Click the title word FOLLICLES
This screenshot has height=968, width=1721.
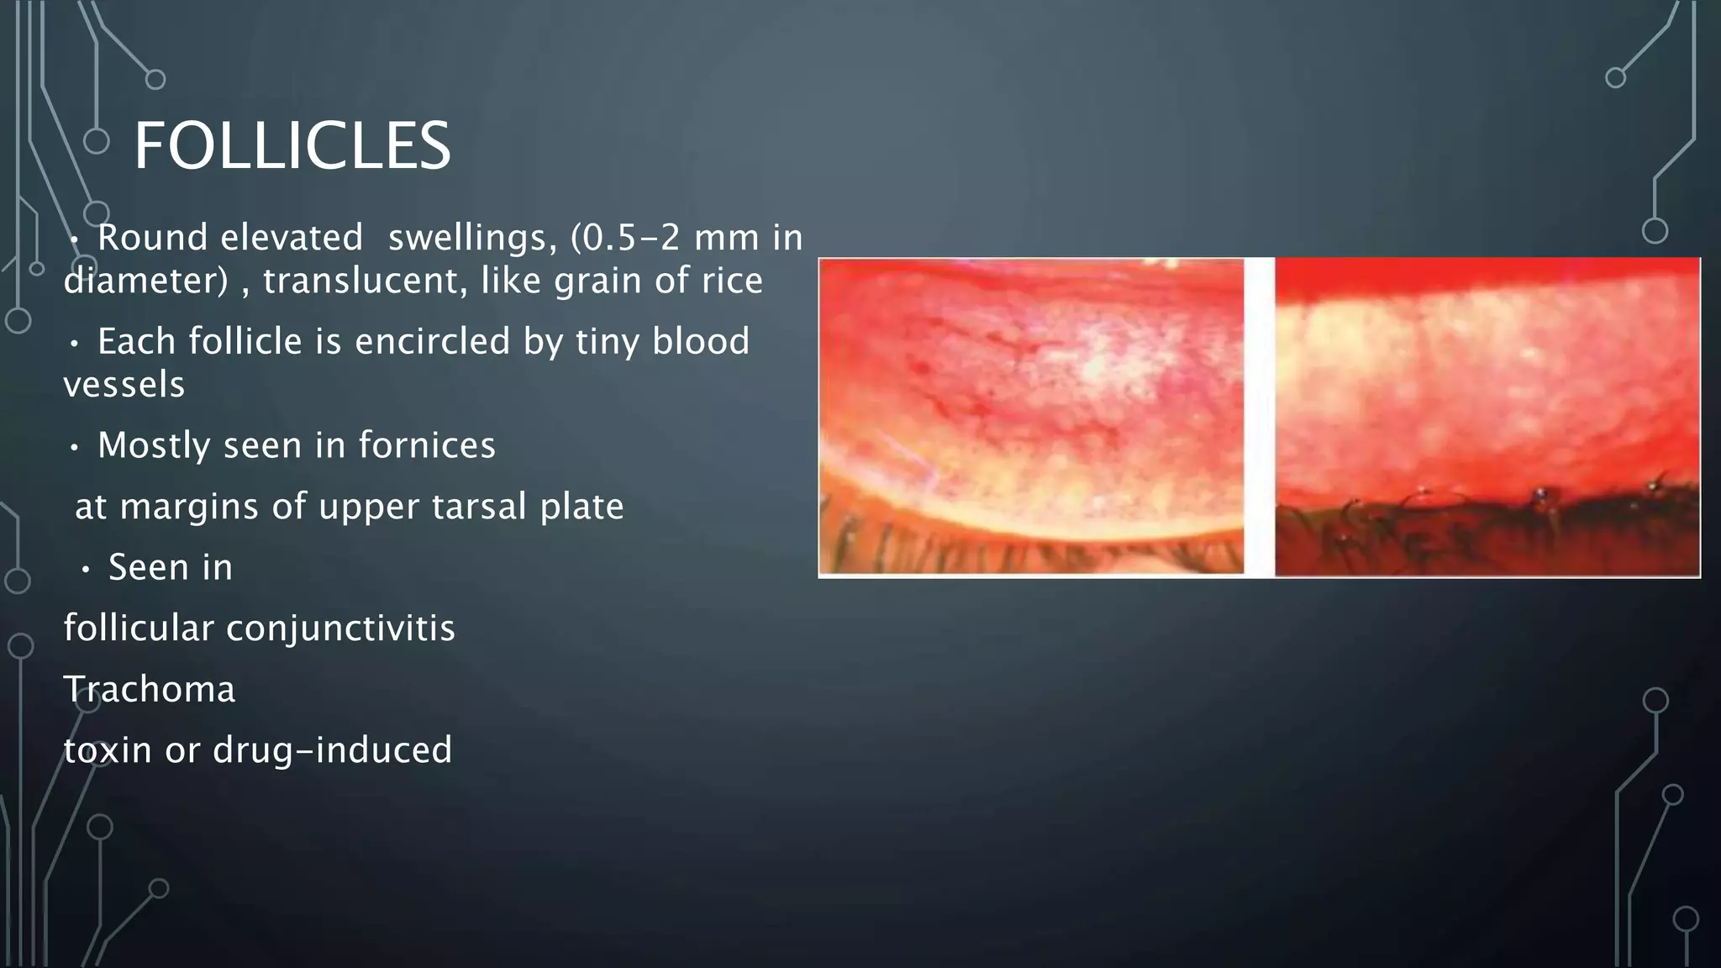pyautogui.click(x=292, y=146)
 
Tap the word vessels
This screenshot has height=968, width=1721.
pyautogui.click(x=124, y=385)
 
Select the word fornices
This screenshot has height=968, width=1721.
pyautogui.click(x=427, y=445)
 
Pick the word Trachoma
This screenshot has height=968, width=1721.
pyautogui.click(x=150, y=689)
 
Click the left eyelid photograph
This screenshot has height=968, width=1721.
pyautogui.click(x=1031, y=416)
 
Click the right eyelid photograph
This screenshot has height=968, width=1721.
pyautogui.click(x=1487, y=416)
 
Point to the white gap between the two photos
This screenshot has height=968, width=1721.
pyautogui.click(x=1259, y=416)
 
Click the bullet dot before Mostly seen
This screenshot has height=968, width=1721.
pyautogui.click(x=75, y=448)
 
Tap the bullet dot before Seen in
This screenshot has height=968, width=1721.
pyautogui.click(x=86, y=571)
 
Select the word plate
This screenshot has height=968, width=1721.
pyautogui.click(x=582, y=507)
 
